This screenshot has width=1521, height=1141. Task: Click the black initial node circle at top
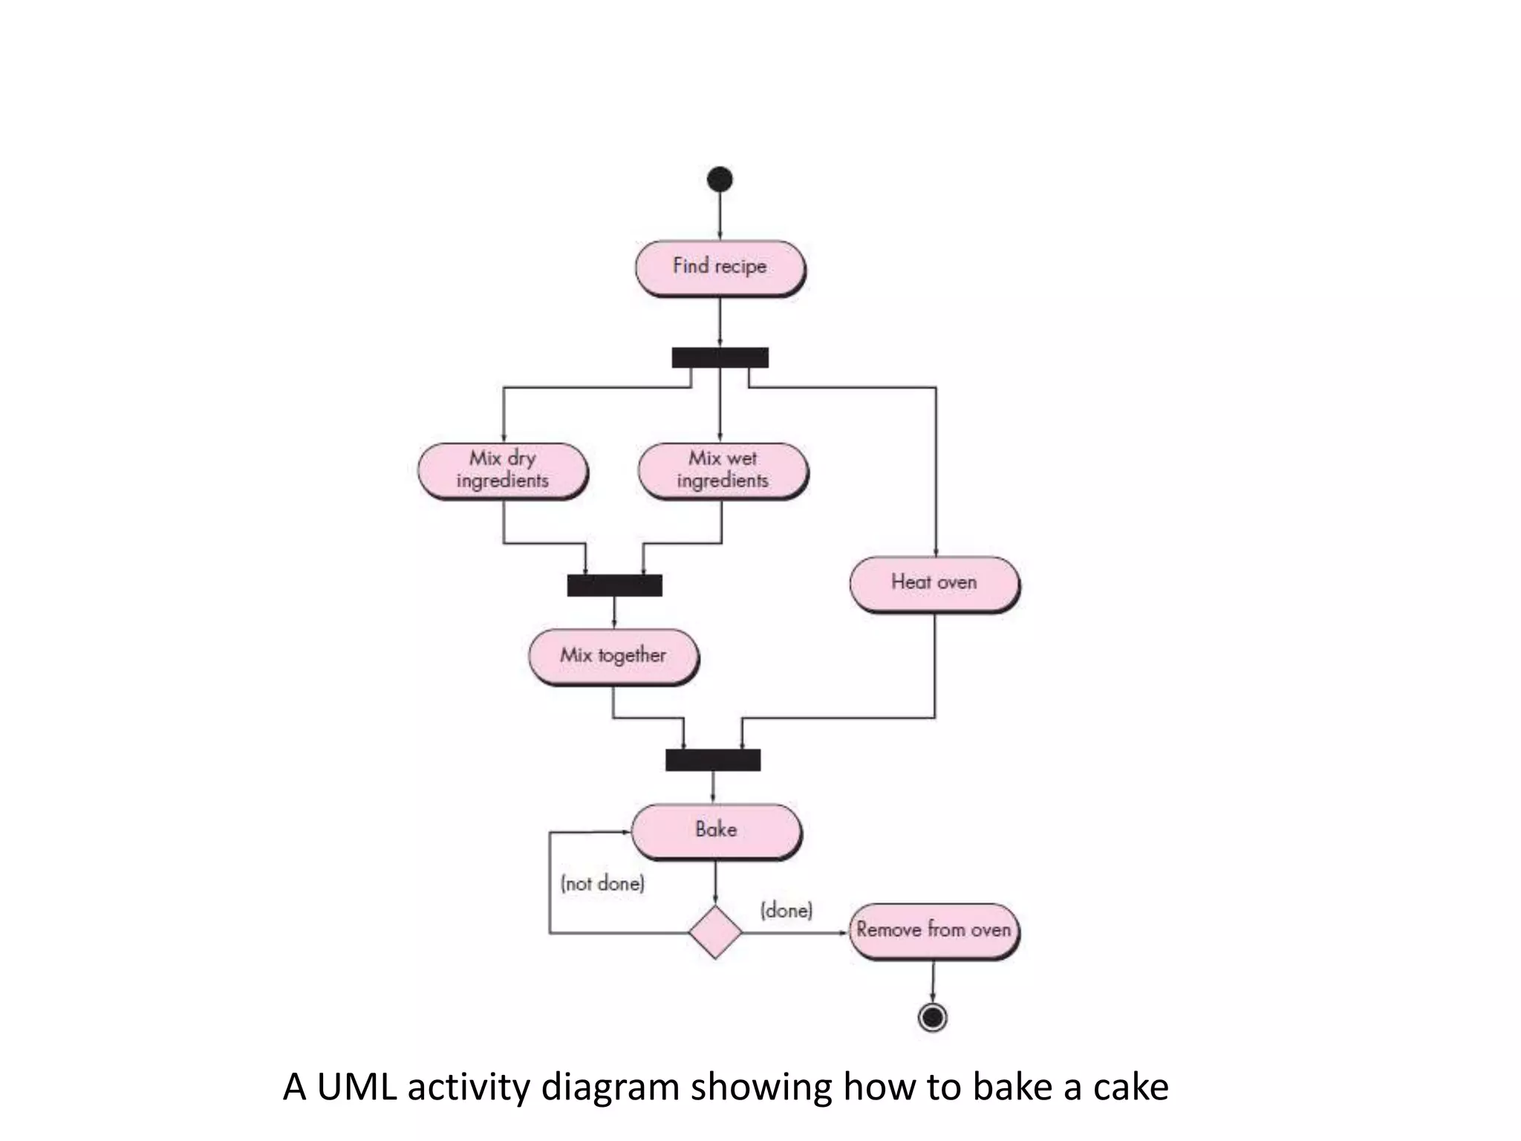pyautogui.click(x=720, y=179)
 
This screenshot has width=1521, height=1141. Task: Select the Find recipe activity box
pyautogui.click(x=720, y=267)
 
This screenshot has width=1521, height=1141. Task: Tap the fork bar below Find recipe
pyautogui.click(x=720, y=358)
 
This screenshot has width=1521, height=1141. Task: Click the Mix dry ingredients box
pyautogui.click(x=503, y=470)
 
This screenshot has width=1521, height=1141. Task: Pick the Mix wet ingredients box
pyautogui.click(x=723, y=470)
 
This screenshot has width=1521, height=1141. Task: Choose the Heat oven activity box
pyautogui.click(x=934, y=584)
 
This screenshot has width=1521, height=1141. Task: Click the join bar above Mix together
pyautogui.click(x=614, y=585)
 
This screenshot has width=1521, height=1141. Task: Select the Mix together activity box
pyautogui.click(x=613, y=657)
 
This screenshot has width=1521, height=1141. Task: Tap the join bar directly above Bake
pyautogui.click(x=713, y=760)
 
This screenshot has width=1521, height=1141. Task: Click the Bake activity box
pyautogui.click(x=716, y=830)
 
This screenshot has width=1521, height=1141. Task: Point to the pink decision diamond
pyautogui.click(x=715, y=932)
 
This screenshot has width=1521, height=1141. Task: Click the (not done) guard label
pyautogui.click(x=602, y=883)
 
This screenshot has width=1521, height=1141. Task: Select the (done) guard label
pyautogui.click(x=786, y=910)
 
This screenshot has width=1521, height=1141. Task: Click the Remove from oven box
pyautogui.click(x=934, y=931)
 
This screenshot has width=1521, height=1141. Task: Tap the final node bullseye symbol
pyautogui.click(x=933, y=1017)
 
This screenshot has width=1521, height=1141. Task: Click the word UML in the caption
pyautogui.click(x=356, y=1087)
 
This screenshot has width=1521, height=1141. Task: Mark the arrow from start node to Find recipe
pyautogui.click(x=720, y=215)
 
